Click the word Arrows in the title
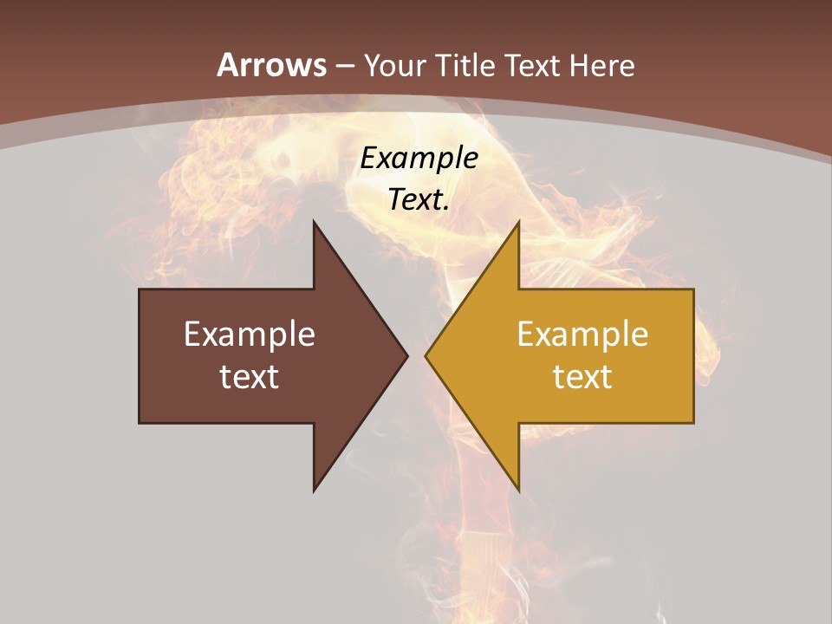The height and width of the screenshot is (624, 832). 271,65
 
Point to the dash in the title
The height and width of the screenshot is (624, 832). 344,66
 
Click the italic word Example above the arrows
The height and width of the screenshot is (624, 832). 419,158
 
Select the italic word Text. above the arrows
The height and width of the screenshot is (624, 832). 419,199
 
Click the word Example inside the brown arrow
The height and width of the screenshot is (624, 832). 250,334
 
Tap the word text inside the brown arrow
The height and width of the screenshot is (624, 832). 250,376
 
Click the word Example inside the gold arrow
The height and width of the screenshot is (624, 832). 582,334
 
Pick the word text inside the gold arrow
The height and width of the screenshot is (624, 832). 582,376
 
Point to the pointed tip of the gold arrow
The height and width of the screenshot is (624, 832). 426,355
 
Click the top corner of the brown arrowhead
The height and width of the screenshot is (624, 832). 314,222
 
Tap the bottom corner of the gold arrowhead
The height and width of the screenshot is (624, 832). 518,491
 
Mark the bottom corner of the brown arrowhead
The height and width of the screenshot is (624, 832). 314,491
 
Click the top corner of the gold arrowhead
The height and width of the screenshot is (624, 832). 518,222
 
